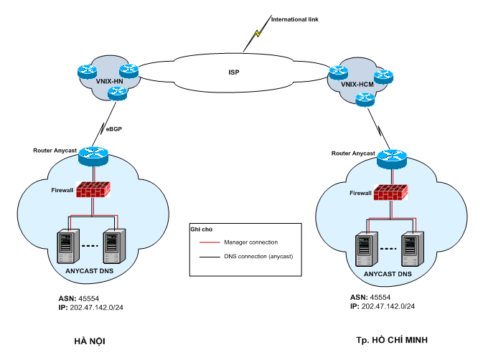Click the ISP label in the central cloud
click(233, 72)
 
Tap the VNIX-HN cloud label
click(109, 81)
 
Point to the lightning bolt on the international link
click(255, 34)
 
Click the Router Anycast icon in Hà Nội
click(93, 152)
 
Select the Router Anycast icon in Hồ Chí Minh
click(391, 156)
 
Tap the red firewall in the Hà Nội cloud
click(93, 189)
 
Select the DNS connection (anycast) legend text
click(259, 256)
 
